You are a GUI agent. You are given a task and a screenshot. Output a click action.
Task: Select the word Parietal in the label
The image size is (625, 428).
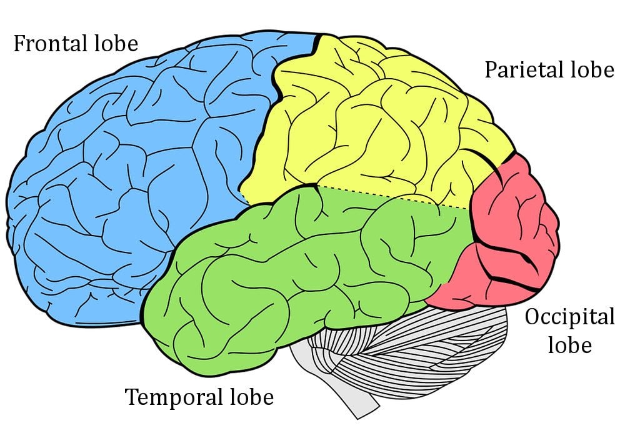521,71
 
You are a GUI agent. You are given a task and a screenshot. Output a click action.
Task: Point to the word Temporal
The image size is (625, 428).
174,397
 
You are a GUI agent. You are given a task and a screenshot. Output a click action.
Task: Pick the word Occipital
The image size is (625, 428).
569,318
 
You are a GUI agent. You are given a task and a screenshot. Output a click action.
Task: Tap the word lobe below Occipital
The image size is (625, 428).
569,346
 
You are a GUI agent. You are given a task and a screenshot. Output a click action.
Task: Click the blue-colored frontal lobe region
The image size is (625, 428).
125,175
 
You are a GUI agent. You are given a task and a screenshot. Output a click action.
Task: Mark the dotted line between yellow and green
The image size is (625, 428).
394,197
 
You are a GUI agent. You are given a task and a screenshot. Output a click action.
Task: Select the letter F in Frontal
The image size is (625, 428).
19,45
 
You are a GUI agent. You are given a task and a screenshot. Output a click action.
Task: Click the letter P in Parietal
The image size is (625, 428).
491,71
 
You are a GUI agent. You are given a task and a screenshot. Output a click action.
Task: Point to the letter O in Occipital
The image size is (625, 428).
532,318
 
